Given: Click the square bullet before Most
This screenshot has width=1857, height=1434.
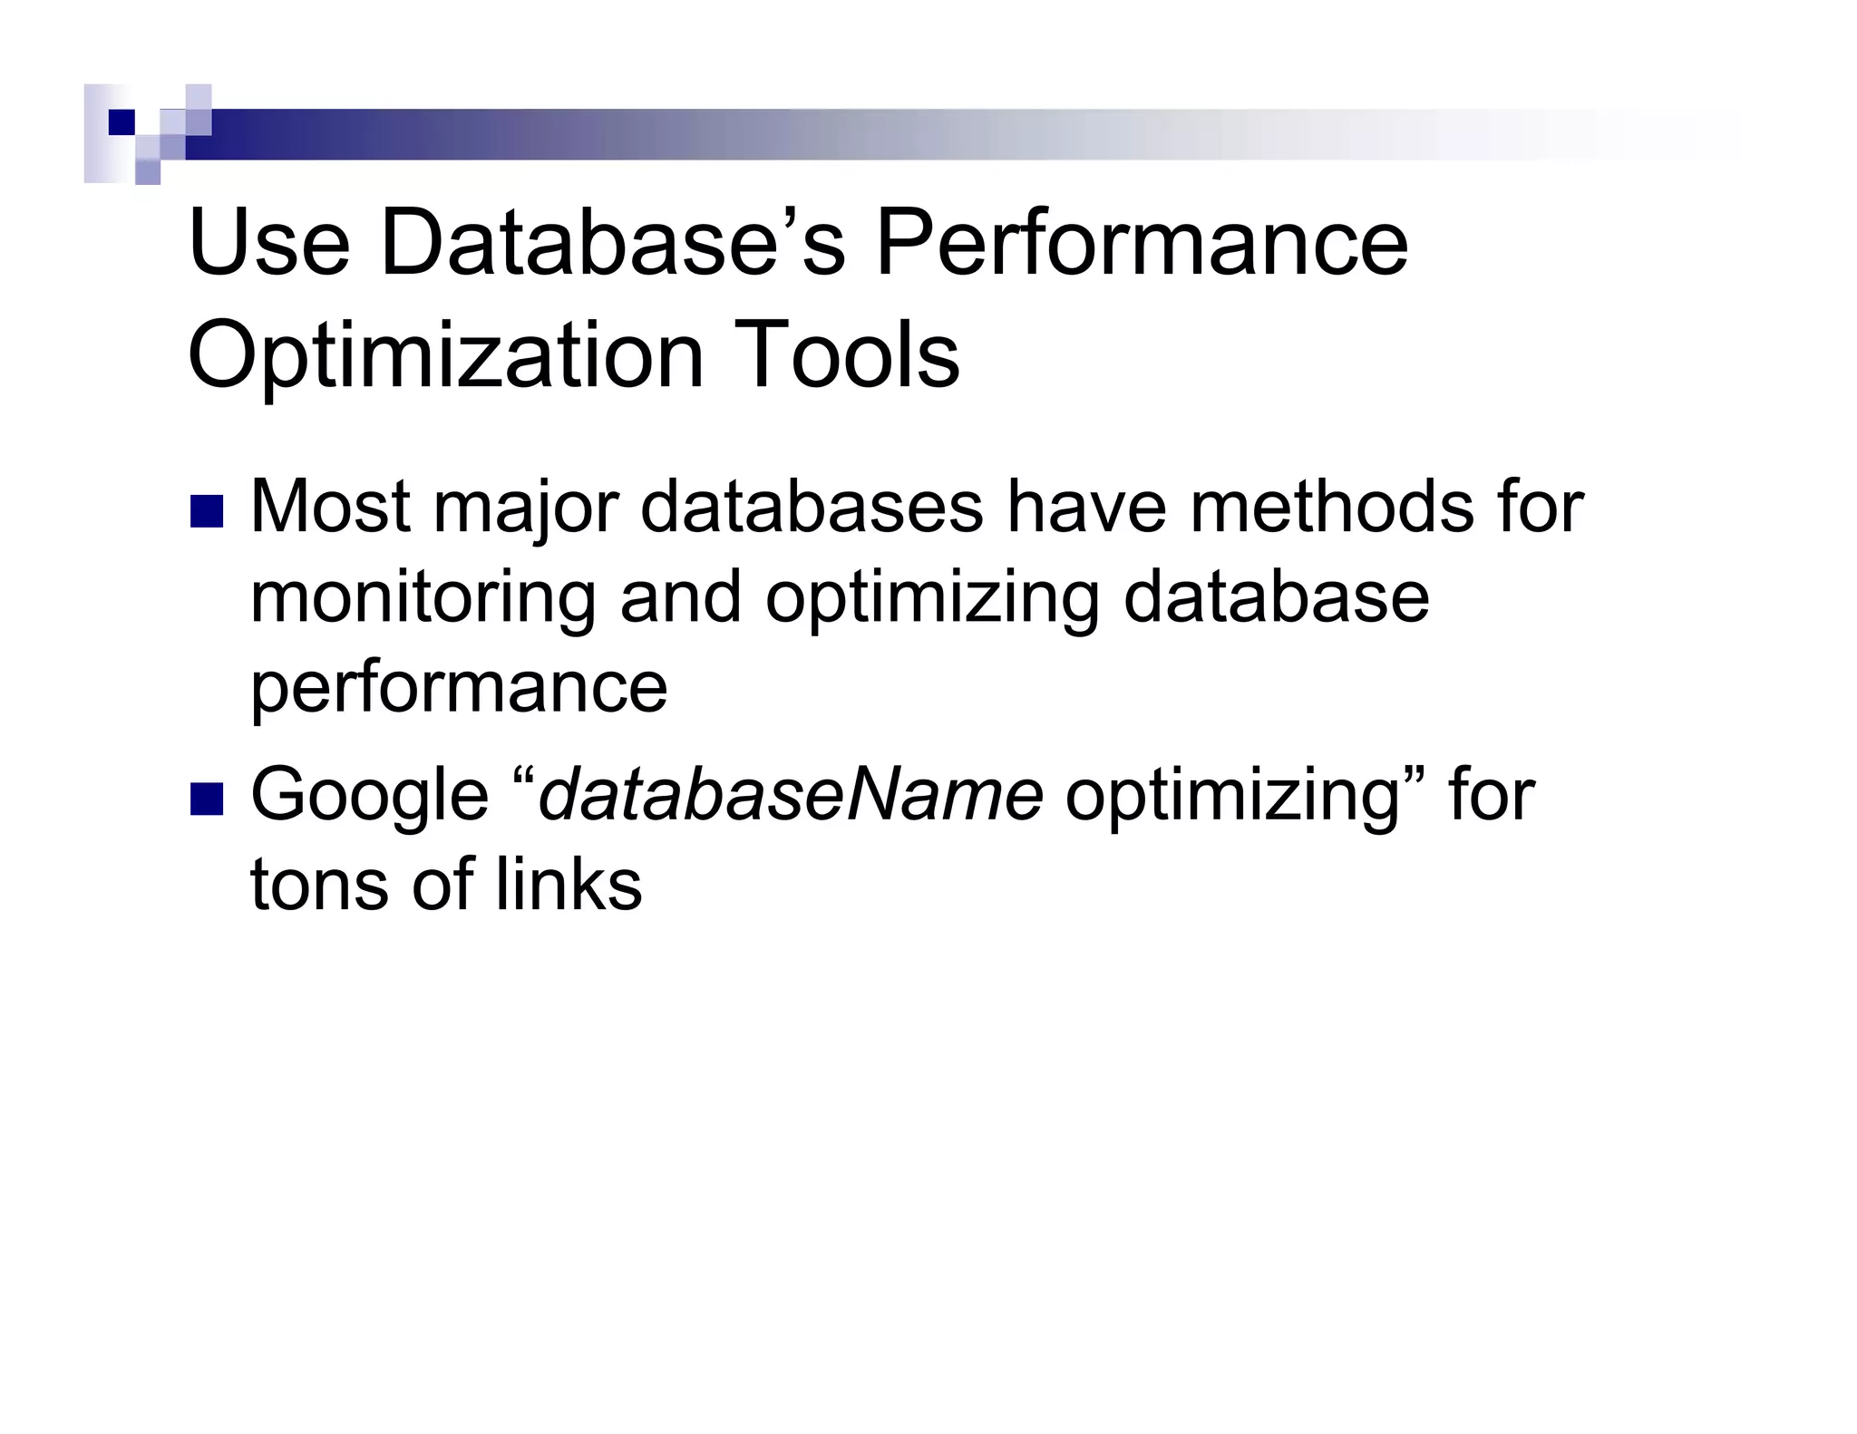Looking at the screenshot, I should pyautogui.click(x=207, y=511).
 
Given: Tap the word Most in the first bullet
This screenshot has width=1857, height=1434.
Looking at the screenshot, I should pyautogui.click(x=330, y=507).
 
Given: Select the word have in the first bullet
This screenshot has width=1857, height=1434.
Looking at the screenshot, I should pyautogui.click(x=1086, y=507).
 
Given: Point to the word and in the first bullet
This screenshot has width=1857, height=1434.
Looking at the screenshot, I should pyautogui.click(x=681, y=597).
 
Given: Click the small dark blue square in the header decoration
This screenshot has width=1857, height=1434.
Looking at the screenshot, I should pyautogui.click(x=122, y=122).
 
